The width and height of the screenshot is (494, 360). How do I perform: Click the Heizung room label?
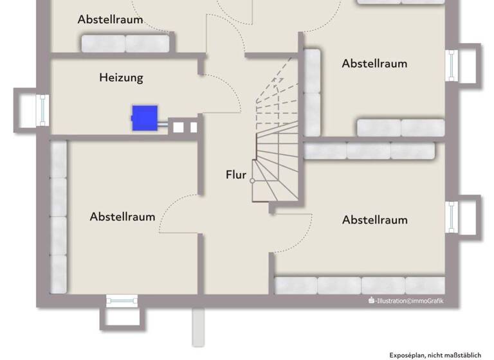121,78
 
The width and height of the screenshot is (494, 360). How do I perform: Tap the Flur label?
236,174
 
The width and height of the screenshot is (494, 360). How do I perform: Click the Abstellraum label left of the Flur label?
122,217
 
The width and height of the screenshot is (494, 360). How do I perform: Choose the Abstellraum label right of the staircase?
374,64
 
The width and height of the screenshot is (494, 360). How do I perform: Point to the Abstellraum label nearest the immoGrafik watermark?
374,220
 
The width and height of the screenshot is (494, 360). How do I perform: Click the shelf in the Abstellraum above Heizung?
125,43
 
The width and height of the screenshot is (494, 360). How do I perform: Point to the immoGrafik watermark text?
406,300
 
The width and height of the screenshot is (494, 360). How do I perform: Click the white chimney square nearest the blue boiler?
178,127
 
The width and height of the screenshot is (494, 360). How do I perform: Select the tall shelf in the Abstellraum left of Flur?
59,217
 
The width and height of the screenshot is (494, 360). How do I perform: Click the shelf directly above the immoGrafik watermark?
360,285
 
